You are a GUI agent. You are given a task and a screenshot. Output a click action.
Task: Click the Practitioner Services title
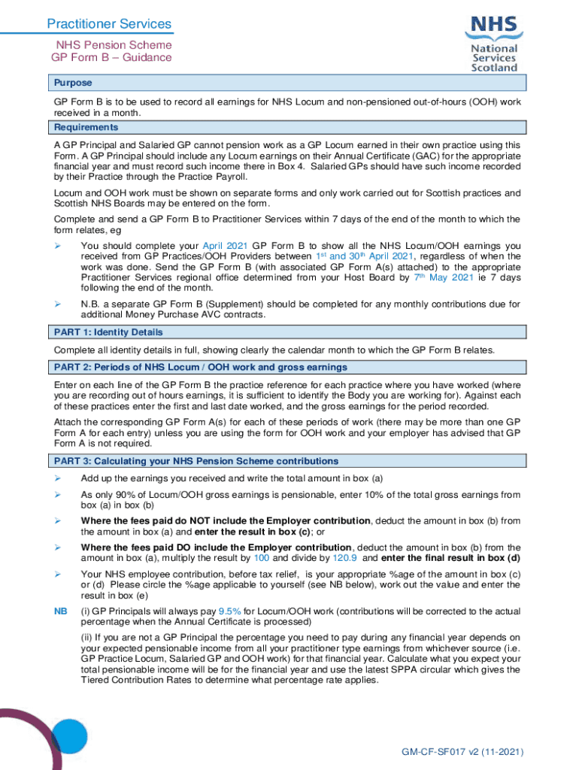109,24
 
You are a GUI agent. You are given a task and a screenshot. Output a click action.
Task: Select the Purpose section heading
73,83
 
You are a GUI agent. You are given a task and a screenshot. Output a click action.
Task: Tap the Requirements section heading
86,127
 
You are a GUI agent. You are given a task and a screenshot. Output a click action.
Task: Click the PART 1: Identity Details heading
108,332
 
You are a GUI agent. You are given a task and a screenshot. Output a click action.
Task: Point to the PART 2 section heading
200,367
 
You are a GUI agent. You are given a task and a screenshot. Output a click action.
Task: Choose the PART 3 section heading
196,461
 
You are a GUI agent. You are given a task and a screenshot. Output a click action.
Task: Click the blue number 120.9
356,559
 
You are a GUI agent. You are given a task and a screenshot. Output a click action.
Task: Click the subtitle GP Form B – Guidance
111,57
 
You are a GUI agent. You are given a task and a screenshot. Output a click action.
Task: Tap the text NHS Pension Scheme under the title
111,44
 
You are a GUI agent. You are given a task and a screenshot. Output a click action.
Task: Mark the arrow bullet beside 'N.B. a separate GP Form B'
57,304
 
